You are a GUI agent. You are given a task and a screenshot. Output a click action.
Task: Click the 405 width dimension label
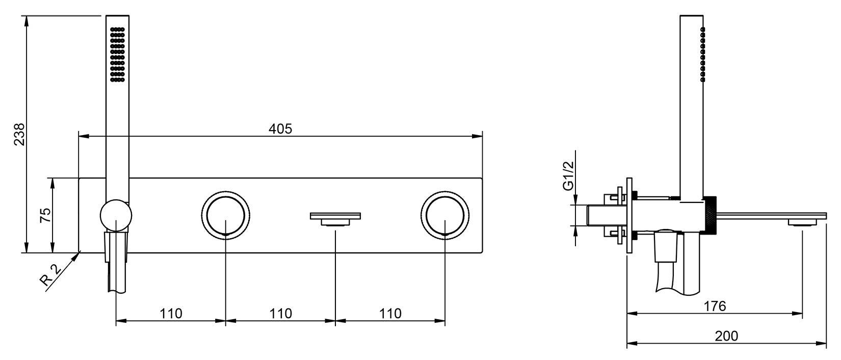point(280,129)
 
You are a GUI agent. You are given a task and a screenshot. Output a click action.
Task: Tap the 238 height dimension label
point(19,134)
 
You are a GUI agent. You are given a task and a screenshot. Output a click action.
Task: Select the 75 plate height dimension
point(45,215)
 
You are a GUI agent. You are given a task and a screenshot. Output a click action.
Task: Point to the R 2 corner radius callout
point(50,275)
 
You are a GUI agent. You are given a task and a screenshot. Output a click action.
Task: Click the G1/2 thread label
point(569,175)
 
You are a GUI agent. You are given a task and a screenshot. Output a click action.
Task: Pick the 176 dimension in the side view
point(715,306)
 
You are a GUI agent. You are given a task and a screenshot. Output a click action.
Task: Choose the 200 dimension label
point(726,336)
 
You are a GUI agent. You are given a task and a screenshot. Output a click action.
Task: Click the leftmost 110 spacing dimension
point(171,314)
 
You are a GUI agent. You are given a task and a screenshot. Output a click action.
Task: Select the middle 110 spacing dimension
point(280,314)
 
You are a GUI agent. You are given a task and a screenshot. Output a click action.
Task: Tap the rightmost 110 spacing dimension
point(390,314)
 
